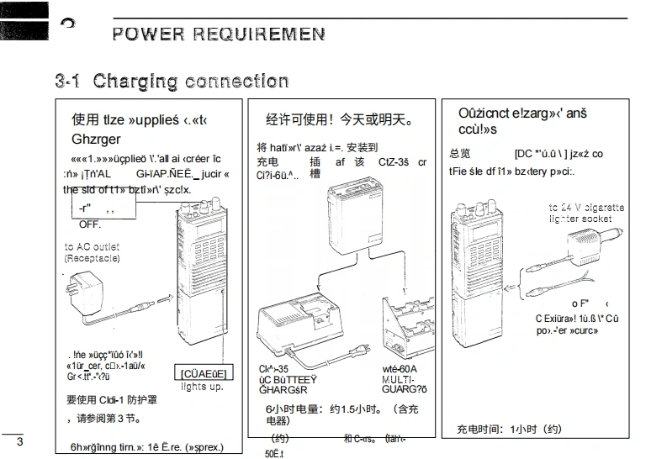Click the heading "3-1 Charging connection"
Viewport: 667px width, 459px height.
[x=172, y=82]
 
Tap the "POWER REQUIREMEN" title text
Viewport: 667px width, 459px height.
[x=219, y=34]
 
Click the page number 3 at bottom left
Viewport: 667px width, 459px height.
[x=20, y=442]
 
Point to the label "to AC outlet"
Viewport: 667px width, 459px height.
[x=92, y=246]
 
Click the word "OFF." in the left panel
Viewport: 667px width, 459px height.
[x=90, y=224]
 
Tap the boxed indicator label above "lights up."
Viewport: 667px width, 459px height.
[x=204, y=373]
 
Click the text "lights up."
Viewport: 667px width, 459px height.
[x=202, y=387]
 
